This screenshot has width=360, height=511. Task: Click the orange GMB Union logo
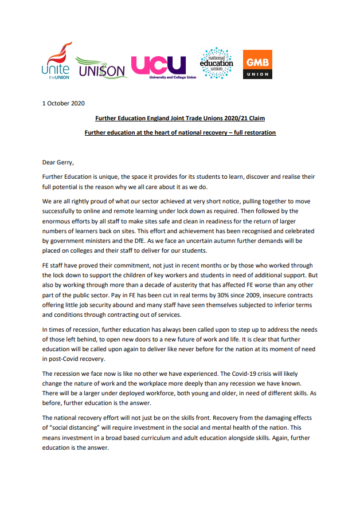coord(257,65)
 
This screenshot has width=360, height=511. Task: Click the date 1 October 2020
coord(64,103)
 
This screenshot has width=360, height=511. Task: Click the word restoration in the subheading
coord(259,132)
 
